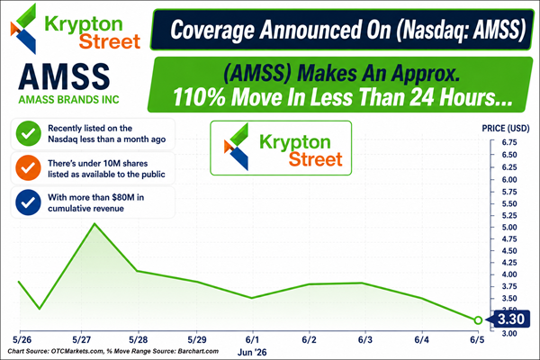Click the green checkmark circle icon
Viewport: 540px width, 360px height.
[x=29, y=134]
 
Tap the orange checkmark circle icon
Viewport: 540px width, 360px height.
[x=28, y=167]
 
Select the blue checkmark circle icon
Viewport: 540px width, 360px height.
[x=28, y=202]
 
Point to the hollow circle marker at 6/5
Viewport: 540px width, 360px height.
[x=478, y=320]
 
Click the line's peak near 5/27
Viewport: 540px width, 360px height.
[x=94, y=223]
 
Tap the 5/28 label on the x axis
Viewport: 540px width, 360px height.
[x=138, y=339]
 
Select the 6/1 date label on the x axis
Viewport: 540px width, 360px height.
[x=252, y=339]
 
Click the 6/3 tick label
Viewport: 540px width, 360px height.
[x=365, y=339]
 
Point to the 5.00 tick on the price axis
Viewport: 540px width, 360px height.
[x=509, y=228]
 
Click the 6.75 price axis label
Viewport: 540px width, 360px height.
[x=509, y=142]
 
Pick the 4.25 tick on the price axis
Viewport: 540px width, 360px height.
[x=509, y=263]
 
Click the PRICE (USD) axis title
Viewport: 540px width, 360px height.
[x=506, y=129]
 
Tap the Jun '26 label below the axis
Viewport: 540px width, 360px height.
[x=252, y=352]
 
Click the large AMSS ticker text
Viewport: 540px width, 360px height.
[x=65, y=77]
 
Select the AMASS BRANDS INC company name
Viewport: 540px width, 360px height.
[x=69, y=100]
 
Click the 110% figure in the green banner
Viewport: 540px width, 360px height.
[x=199, y=97]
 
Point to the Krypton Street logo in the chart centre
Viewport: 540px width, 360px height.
[x=281, y=148]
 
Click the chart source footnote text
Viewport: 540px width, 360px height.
[x=113, y=351]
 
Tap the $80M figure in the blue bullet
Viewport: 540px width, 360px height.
[x=123, y=197]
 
